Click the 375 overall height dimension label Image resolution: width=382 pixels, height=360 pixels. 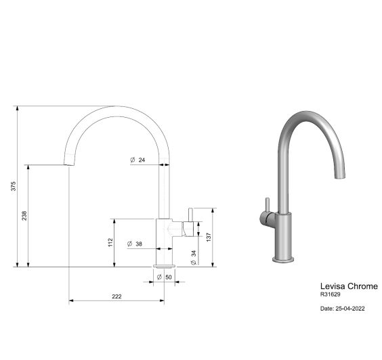[x=14, y=186]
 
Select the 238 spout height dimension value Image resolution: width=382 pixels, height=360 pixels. [x=24, y=216]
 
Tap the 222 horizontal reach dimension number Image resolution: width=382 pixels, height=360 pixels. [x=116, y=296]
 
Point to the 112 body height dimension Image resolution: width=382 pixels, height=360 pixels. [x=110, y=242]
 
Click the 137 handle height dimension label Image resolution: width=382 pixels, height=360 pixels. [x=209, y=238]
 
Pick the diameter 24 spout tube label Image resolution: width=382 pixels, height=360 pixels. [x=137, y=160]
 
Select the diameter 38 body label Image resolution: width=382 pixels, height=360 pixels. [x=135, y=244]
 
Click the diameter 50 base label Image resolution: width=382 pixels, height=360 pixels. [x=165, y=277]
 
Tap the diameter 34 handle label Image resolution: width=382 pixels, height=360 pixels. [x=194, y=258]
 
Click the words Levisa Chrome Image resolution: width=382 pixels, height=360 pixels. [x=349, y=286]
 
